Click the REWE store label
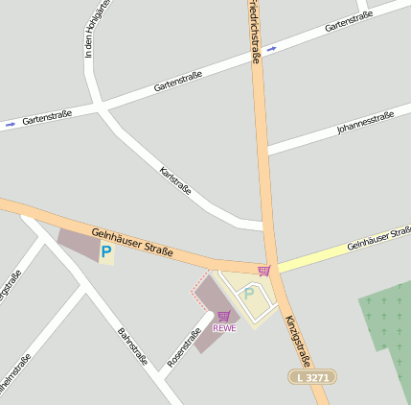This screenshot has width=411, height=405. coord(224,328)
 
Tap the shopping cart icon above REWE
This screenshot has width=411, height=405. coord(224,316)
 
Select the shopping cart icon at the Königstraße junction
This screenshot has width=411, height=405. coord(263,271)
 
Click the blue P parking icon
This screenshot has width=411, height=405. coord(105,253)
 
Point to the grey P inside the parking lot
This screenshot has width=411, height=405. coord(249,294)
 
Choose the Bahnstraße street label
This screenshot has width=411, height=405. coord(131,347)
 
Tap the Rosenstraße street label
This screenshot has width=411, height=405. coord(183,348)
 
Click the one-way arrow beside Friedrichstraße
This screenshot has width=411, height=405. coord(272,48)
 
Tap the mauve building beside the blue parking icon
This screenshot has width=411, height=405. coord(79,243)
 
